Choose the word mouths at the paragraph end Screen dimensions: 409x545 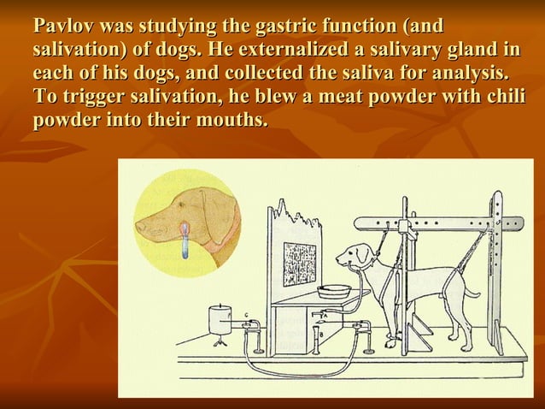pos(227,119)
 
